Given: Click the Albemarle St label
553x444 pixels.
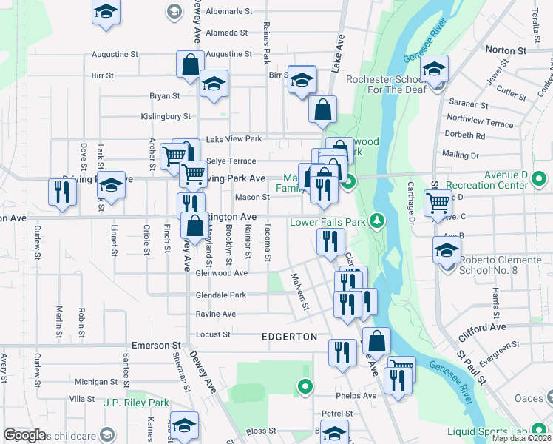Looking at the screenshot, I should (229, 12).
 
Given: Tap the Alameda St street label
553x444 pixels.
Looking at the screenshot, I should (227, 33).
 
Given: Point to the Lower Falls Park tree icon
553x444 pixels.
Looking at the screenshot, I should (377, 221).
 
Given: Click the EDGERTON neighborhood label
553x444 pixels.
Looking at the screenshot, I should (290, 337).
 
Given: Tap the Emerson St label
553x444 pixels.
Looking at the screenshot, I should (156, 345).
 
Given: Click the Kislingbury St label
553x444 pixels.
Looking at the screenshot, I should (166, 116).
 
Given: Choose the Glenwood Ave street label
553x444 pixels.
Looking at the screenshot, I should (221, 273).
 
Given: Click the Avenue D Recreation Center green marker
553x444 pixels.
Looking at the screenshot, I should (539, 178).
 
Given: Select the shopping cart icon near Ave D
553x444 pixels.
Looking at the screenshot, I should (438, 201).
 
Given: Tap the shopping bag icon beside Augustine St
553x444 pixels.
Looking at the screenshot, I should (190, 64).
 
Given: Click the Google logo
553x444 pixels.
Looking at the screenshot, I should (24, 435).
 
